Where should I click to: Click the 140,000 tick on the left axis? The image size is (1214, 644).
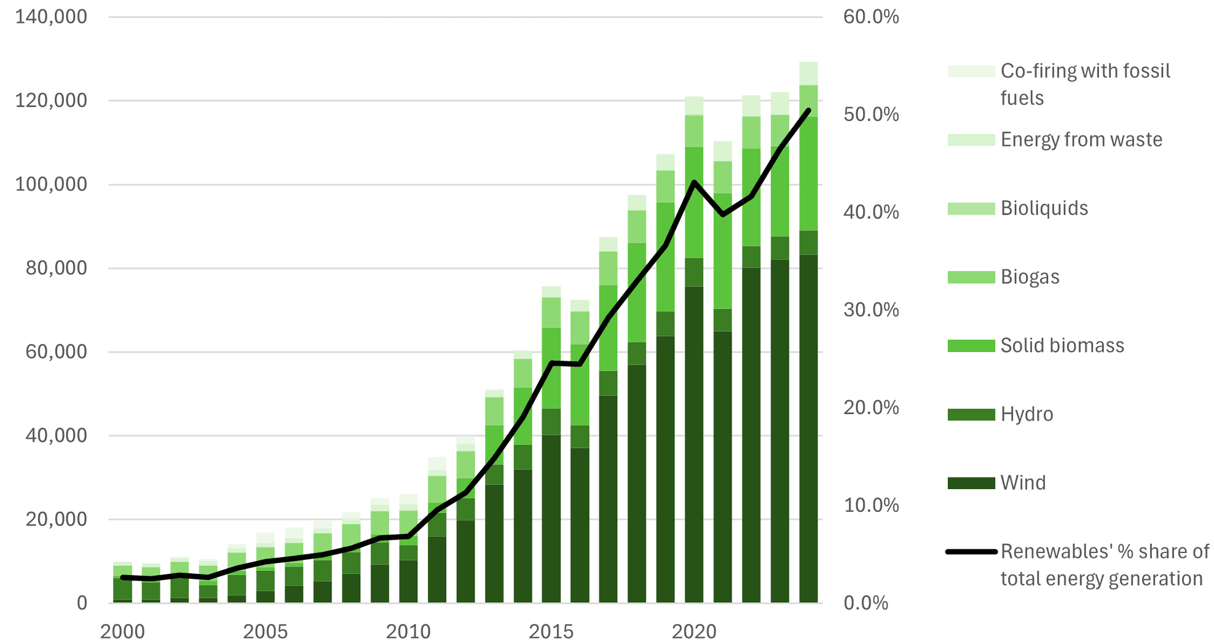[51, 17]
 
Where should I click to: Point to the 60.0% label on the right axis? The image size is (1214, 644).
[870, 17]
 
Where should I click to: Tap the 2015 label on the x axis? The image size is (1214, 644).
[551, 631]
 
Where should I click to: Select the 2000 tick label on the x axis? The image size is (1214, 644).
[122, 631]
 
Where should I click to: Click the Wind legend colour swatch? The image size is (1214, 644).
[971, 483]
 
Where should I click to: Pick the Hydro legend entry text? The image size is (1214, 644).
[1027, 414]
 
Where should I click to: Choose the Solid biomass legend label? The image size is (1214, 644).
[1062, 345]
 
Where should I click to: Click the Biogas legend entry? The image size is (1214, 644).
[1030, 277]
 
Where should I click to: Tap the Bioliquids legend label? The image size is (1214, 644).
[1044, 208]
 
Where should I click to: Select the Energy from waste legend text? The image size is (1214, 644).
[1081, 139]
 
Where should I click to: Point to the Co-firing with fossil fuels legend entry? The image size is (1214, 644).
[1085, 84]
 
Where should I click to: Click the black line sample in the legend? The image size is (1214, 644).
[971, 552]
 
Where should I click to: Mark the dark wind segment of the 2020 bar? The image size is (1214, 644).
[694, 442]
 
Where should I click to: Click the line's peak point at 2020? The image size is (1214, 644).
[694, 182]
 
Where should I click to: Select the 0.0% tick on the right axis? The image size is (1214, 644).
[865, 603]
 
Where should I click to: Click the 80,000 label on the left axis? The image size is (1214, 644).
[57, 268]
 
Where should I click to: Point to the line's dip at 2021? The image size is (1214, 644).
[723, 214]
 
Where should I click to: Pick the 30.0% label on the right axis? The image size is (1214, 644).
[870, 310]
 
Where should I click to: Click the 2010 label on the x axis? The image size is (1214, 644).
[408, 631]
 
